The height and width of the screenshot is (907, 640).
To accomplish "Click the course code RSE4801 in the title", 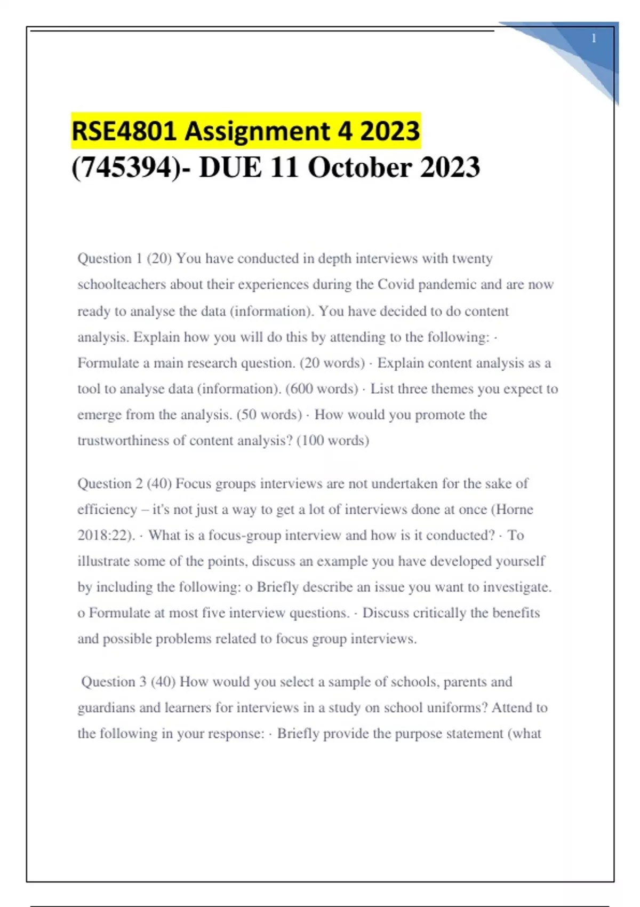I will pyautogui.click(x=124, y=131).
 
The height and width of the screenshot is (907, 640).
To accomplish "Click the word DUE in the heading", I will pyautogui.click(x=230, y=168).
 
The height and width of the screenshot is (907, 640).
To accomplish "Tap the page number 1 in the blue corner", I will pyautogui.click(x=594, y=38).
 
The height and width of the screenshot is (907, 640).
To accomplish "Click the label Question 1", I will pyautogui.click(x=110, y=259).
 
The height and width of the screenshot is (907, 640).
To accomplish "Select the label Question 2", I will pyautogui.click(x=110, y=484).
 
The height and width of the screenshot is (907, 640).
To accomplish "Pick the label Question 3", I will pyautogui.click(x=114, y=682).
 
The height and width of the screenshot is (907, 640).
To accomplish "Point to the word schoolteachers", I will pyautogui.click(x=122, y=284).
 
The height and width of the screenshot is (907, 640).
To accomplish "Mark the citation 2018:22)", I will pyautogui.click(x=106, y=535).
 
